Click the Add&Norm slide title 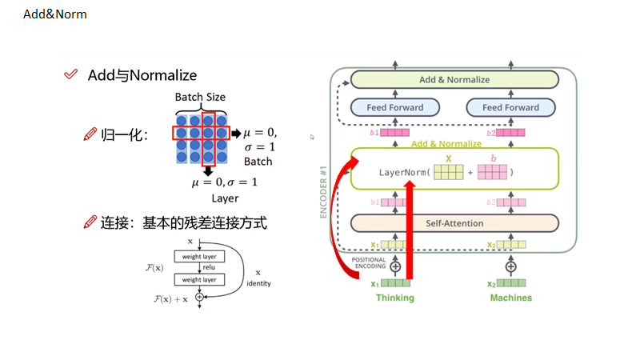point(55,14)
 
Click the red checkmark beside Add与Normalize point(70,74)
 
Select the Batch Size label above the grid point(200,97)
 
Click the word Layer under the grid point(225,198)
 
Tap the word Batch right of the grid point(258,162)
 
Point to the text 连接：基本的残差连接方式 point(183,223)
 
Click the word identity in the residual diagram point(258,284)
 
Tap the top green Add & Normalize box point(454,80)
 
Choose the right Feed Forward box point(510,107)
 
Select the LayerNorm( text point(404,172)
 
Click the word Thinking point(396,298)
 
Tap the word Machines point(510,298)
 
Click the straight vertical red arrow point(410,232)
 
